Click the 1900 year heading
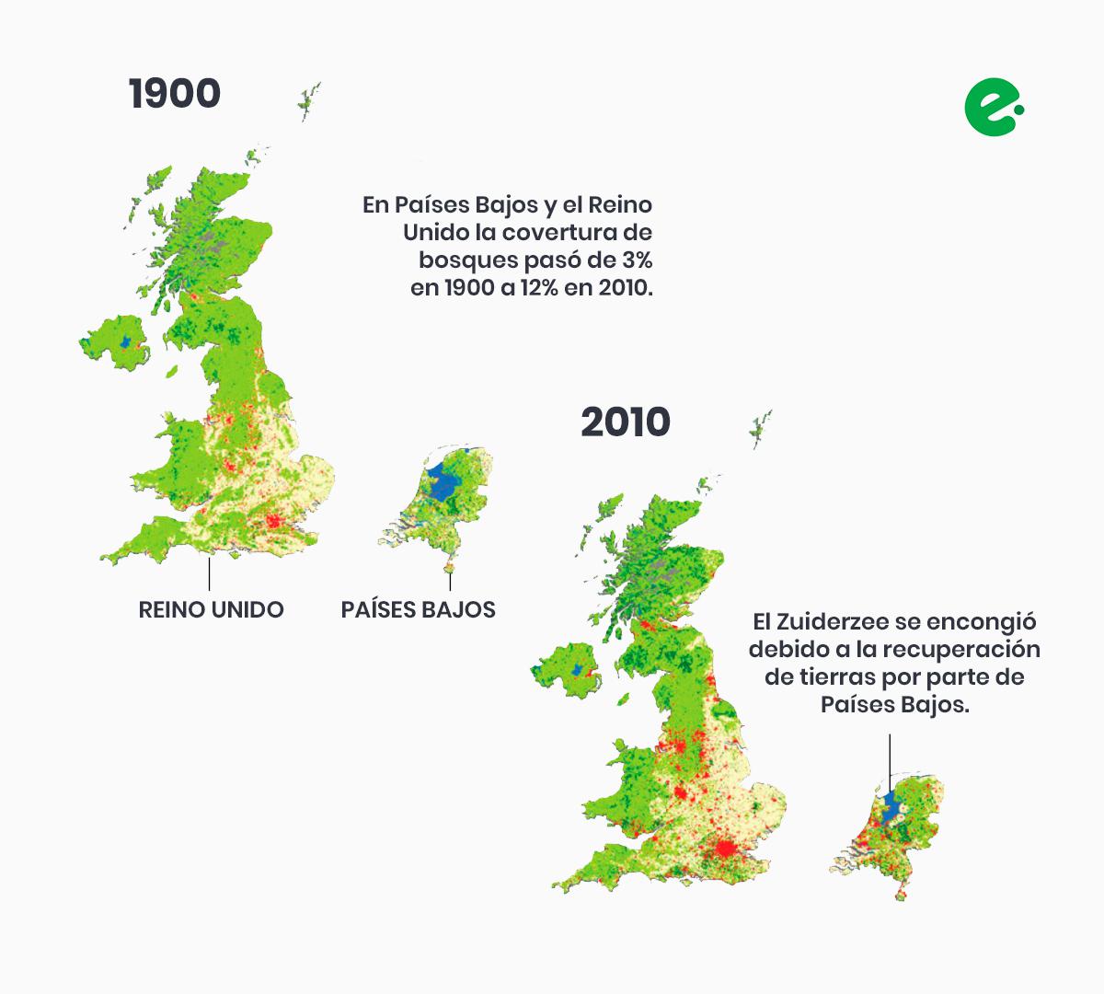[x=175, y=94]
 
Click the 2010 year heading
[x=626, y=422]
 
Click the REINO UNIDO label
[x=211, y=609]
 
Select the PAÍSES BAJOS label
[x=418, y=609]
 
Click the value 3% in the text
[x=634, y=259]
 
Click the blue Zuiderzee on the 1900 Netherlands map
[x=444, y=482]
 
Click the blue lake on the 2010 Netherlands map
[x=891, y=807]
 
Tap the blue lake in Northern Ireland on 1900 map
[x=126, y=342]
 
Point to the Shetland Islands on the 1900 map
[x=309, y=99]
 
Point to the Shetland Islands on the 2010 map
[x=761, y=427]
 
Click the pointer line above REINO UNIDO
[x=210, y=573]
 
